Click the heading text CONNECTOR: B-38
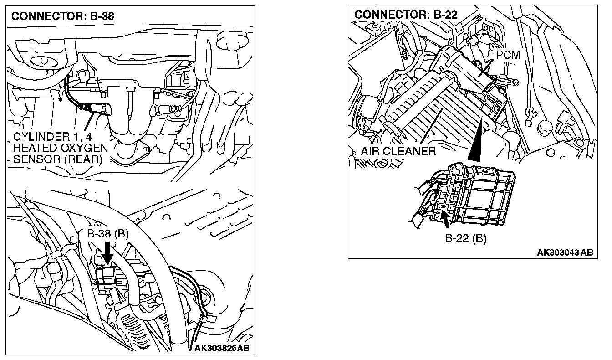[x=62, y=17]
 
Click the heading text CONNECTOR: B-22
[x=406, y=15]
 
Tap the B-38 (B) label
[x=108, y=234]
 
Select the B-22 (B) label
[x=465, y=239]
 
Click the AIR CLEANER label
[x=398, y=151]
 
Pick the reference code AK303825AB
[x=222, y=349]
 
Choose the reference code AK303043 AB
[x=565, y=252]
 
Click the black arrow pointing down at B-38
[x=107, y=253]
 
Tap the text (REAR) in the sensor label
[x=86, y=159]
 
